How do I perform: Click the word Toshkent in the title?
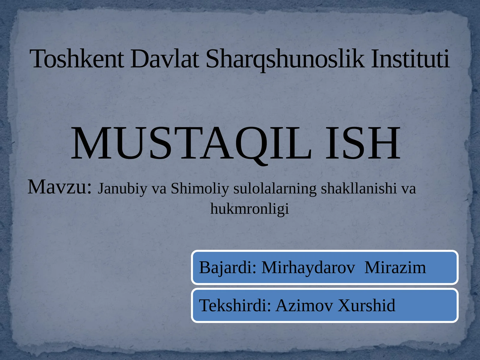(x=77, y=59)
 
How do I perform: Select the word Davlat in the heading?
(x=164, y=59)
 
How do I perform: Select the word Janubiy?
(x=123, y=189)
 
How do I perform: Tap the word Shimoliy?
(x=200, y=189)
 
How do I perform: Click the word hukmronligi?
(x=250, y=209)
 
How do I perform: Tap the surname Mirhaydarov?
(x=308, y=267)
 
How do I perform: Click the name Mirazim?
(x=395, y=267)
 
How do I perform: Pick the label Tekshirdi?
(x=235, y=305)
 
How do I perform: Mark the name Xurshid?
(x=367, y=305)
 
